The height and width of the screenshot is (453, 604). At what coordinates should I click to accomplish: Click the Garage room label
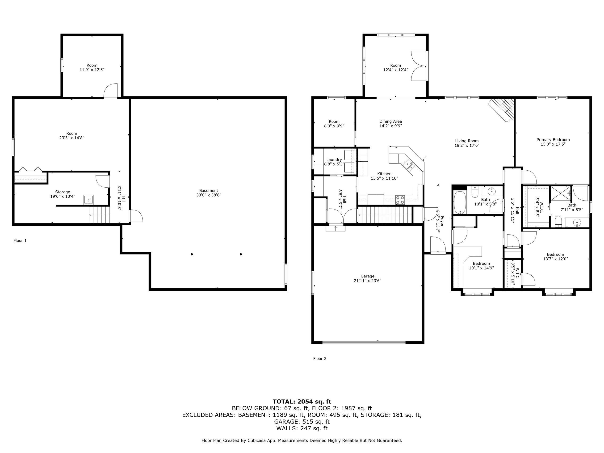pyautogui.click(x=367, y=276)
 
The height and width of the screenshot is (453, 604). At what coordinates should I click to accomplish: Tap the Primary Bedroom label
pyautogui.click(x=553, y=139)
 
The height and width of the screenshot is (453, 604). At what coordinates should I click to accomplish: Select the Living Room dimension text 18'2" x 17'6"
pyautogui.click(x=467, y=145)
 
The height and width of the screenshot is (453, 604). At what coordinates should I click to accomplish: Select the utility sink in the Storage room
pyautogui.click(x=88, y=200)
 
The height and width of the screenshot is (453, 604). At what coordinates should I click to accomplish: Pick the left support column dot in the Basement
pyautogui.click(x=192, y=254)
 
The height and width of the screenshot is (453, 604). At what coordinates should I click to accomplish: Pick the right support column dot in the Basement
pyautogui.click(x=241, y=254)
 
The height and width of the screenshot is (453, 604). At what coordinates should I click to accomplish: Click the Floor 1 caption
pyautogui.click(x=20, y=241)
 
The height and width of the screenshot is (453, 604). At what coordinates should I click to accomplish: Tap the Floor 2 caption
pyautogui.click(x=320, y=359)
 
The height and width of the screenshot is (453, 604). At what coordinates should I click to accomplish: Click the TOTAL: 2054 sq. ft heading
pyautogui.click(x=302, y=401)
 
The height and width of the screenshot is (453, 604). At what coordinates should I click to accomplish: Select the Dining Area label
pyautogui.click(x=390, y=121)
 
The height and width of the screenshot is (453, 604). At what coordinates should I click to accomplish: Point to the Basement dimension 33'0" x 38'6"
pyautogui.click(x=209, y=195)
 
